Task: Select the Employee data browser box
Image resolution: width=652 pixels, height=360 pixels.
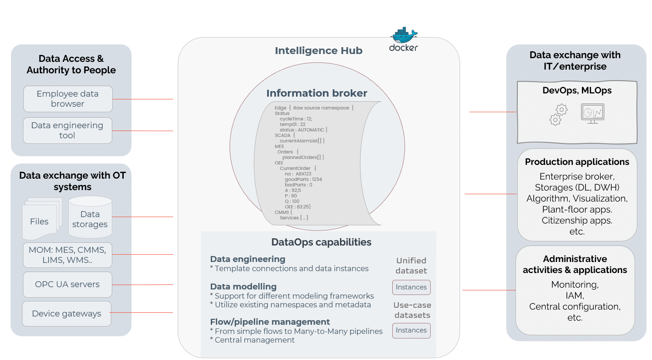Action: coord(68,99)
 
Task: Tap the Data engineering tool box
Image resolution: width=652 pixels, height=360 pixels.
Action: coord(67,131)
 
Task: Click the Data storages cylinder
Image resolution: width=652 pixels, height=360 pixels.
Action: coord(90,217)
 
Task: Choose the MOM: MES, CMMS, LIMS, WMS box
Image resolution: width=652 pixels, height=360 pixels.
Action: coord(67,255)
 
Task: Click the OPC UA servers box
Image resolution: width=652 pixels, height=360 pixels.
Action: coord(67,284)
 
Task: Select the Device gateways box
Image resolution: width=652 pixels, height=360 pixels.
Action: coord(67,314)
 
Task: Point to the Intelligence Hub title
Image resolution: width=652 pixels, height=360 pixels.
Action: coord(318,50)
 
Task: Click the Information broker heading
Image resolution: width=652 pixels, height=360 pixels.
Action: coord(317,93)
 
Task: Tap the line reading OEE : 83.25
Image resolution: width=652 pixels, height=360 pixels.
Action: coord(297,207)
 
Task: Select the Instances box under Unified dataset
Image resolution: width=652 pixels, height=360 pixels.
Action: coord(411,287)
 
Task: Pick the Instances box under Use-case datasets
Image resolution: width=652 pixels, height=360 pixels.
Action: coord(411,330)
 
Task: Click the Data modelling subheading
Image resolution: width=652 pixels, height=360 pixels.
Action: coord(243,286)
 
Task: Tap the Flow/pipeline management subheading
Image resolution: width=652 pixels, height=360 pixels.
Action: coord(270,322)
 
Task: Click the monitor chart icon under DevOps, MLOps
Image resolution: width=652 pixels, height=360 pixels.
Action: coord(592,113)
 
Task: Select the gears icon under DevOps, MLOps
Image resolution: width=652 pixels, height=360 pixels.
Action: coord(558,114)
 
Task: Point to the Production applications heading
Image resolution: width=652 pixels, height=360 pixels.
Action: coord(577,162)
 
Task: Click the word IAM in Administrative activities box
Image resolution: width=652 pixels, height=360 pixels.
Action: coord(574,295)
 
